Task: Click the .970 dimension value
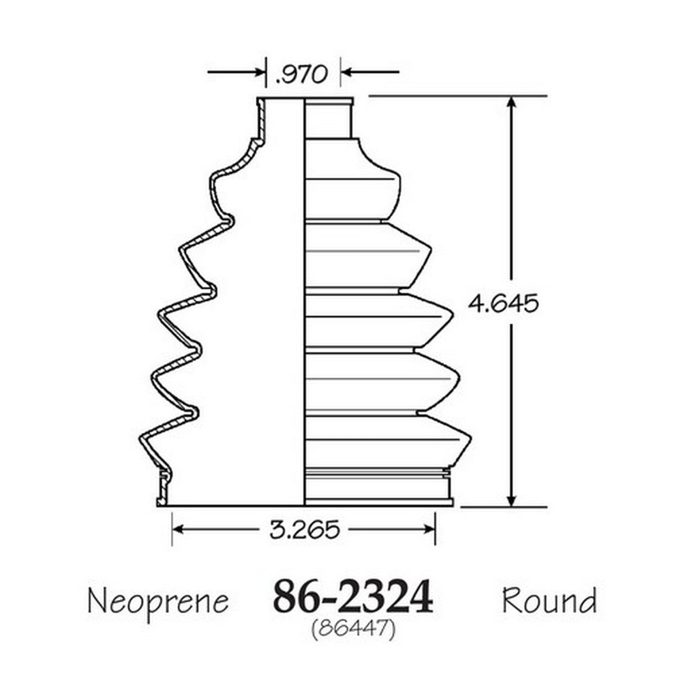(x=301, y=74)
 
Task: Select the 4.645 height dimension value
(x=503, y=303)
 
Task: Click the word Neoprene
(x=158, y=602)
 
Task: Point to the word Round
(x=549, y=600)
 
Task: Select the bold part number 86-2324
(x=352, y=596)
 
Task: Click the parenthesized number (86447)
(x=353, y=630)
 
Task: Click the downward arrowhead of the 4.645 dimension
(x=511, y=500)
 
